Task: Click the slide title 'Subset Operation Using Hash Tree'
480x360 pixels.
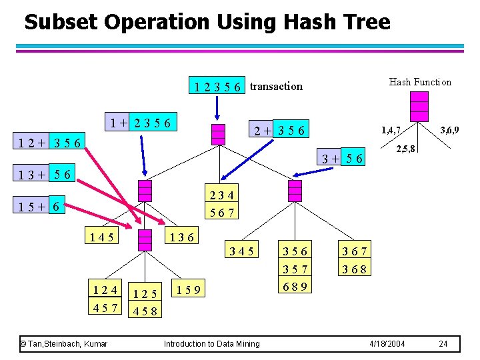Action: [207, 22]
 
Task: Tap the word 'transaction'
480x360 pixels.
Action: [276, 86]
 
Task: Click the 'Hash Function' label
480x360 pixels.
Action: [420, 82]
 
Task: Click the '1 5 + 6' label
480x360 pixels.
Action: [42, 207]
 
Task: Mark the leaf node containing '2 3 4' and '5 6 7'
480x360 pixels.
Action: [221, 203]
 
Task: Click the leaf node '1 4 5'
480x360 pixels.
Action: [101, 236]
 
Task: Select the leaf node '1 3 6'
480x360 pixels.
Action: [181, 236]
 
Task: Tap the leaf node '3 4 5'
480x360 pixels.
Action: [241, 251]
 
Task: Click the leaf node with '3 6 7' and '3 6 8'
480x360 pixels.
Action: [355, 261]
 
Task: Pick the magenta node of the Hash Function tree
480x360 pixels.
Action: [419, 107]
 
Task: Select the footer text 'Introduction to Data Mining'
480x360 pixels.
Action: [211, 343]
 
